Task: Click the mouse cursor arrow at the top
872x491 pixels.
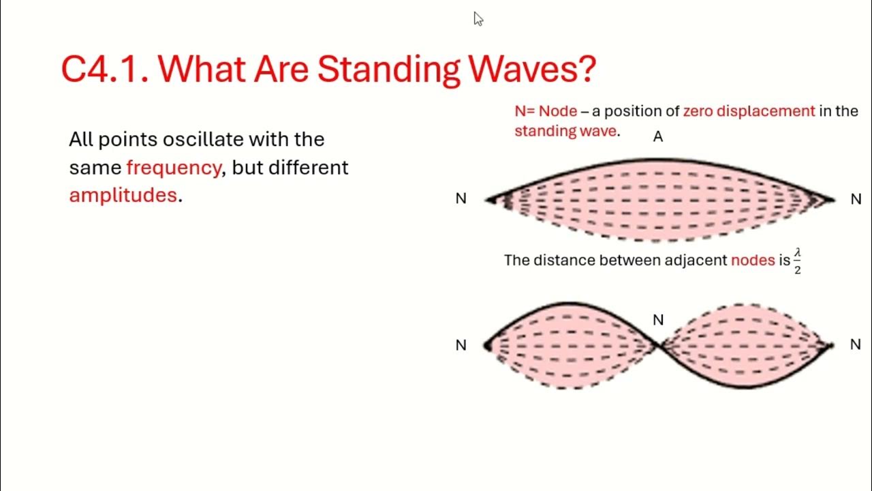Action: [x=478, y=18]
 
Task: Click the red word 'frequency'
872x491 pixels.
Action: [x=174, y=168]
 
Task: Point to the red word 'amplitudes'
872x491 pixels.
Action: [x=123, y=195]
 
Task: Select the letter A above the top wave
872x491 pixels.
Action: [x=657, y=137]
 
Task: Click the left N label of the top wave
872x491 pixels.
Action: [x=461, y=199]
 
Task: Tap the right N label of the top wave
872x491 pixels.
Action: [x=856, y=199]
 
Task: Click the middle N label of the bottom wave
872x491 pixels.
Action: [x=658, y=320]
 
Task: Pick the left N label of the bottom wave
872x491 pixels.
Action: [x=461, y=346]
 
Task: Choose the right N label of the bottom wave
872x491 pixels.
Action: [x=856, y=345]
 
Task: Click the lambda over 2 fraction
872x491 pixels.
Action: [x=797, y=261]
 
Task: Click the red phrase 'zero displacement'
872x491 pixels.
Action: [x=749, y=111]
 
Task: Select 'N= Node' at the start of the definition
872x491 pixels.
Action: [x=546, y=111]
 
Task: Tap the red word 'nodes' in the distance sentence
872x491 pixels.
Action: [x=753, y=261]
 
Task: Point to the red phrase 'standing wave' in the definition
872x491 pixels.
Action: [x=565, y=131]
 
